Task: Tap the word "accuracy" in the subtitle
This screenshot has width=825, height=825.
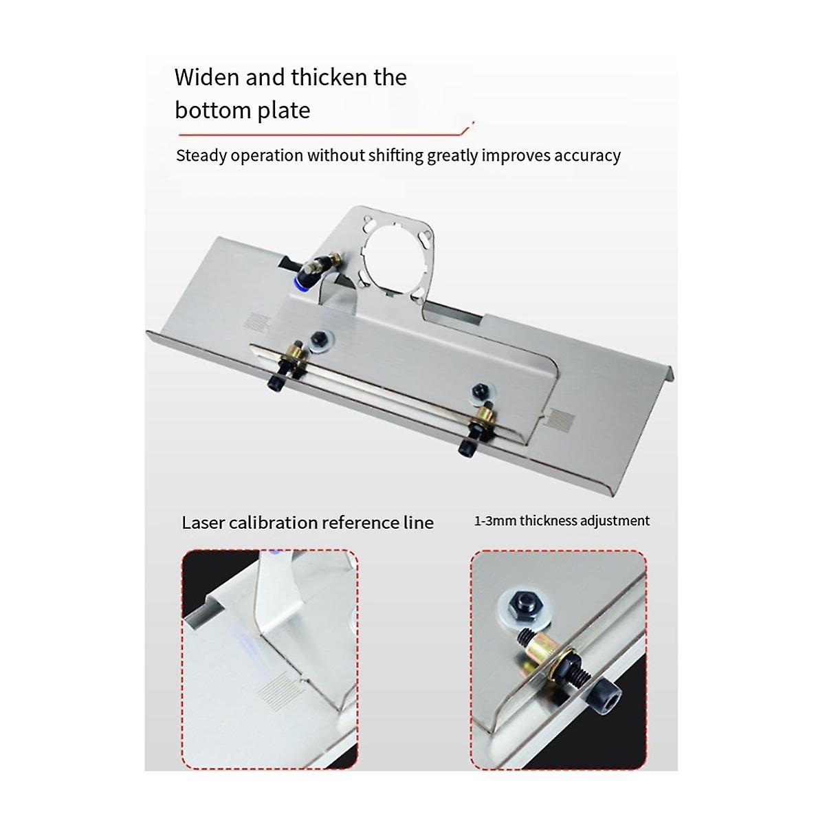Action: pyautogui.click(x=587, y=155)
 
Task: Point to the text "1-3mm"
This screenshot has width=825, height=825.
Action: pyautogui.click(x=495, y=521)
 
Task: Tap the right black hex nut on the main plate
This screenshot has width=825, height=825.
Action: pyautogui.click(x=479, y=392)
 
